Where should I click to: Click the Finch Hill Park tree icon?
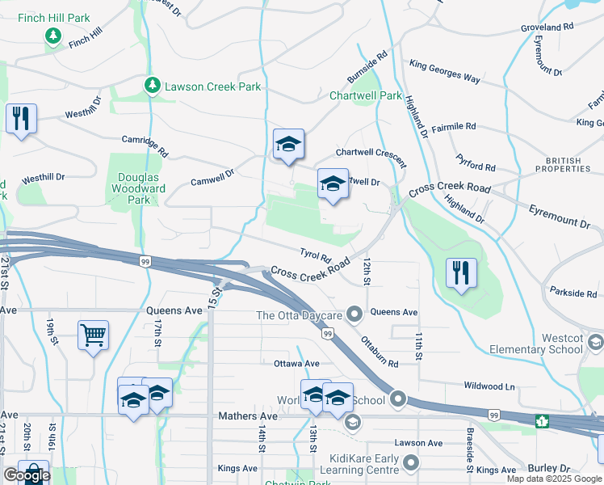point(53,36)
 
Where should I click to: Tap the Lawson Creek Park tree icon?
point(151,85)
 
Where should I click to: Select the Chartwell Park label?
point(365,95)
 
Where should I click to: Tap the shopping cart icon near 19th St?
point(93,333)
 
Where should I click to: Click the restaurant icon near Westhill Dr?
point(20,118)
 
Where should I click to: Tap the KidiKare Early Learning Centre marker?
point(411,463)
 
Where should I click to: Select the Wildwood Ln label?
point(489,387)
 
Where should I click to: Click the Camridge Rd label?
point(145,145)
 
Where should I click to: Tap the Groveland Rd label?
point(547,27)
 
